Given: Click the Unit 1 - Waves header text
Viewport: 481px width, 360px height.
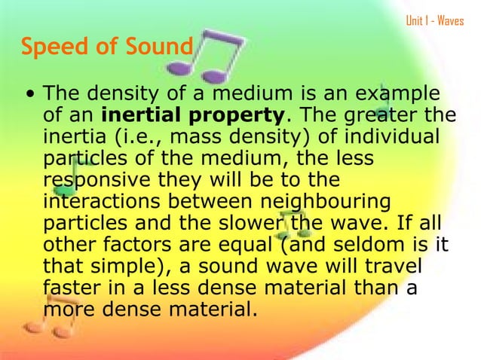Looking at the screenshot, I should (435, 20).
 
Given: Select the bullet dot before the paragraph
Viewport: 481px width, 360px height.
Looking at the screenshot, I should (28, 96).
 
